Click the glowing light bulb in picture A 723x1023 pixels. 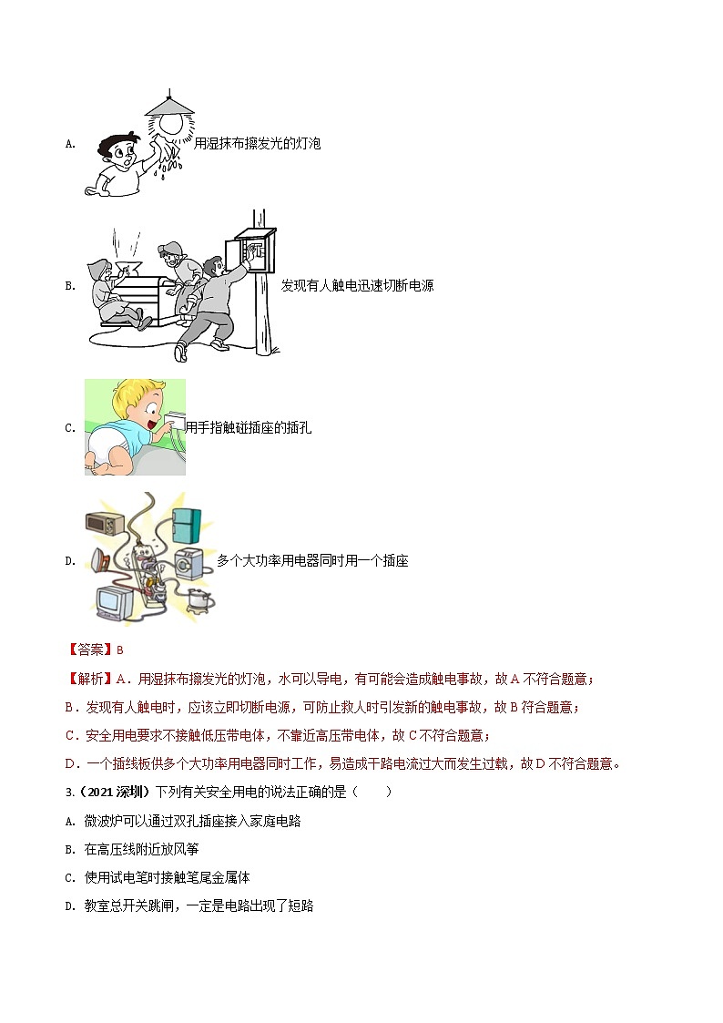(171, 124)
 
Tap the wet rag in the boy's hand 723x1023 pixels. (164, 149)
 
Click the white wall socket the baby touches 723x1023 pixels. (173, 423)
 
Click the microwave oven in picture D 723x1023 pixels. (105, 524)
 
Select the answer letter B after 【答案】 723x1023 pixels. (120, 650)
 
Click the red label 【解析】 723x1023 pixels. (89, 680)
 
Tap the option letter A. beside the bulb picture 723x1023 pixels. (70, 144)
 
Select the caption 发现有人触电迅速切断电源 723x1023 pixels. (357, 286)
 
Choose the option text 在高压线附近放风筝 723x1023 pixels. (141, 849)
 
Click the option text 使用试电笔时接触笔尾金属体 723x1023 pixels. (167, 877)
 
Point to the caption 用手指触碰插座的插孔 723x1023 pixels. (249, 428)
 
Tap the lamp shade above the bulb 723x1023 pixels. (169, 106)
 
